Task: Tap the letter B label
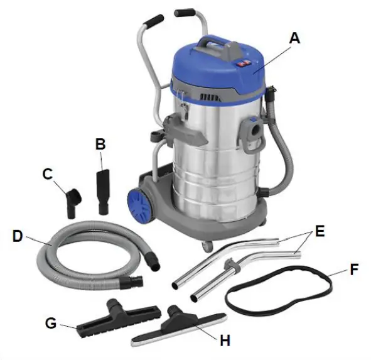point(100,144)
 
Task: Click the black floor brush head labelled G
point(119,316)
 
